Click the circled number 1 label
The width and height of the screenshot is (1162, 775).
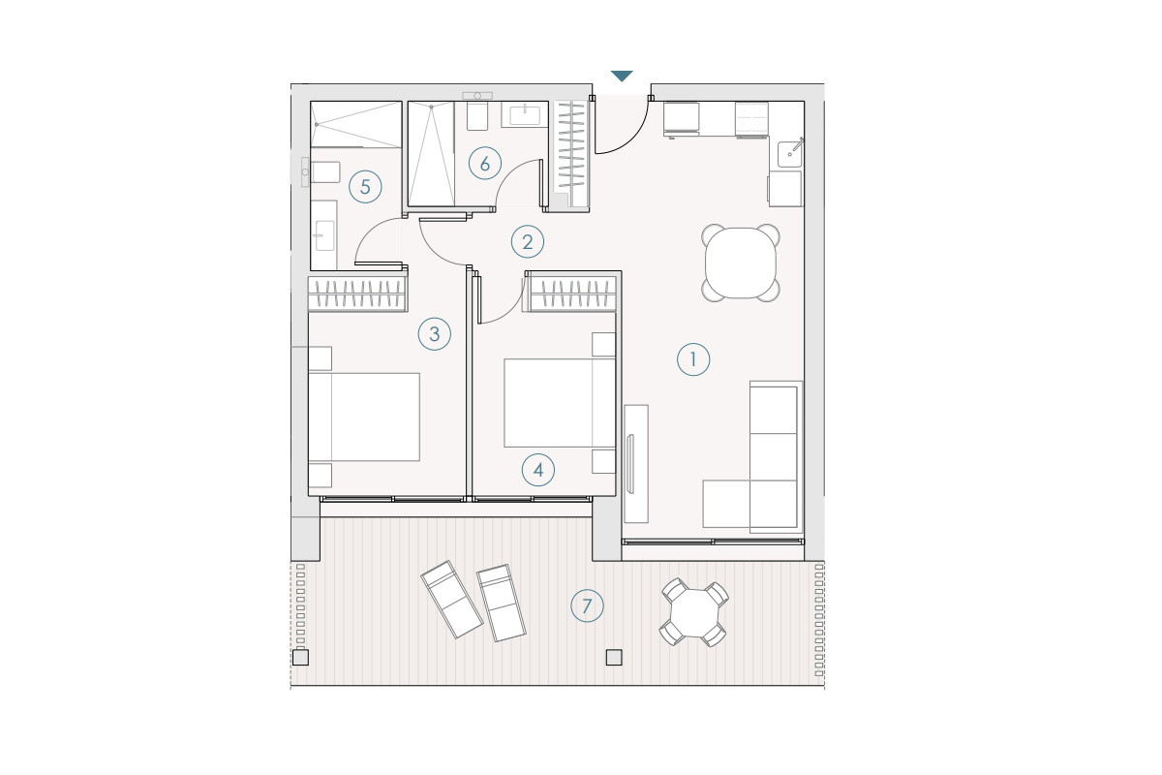(x=693, y=359)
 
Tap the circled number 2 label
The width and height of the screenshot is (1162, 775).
(x=528, y=242)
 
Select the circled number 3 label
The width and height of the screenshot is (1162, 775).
(x=435, y=334)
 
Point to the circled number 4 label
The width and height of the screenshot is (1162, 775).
(x=538, y=470)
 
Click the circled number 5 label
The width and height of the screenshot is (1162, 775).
(x=365, y=187)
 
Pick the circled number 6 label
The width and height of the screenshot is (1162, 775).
(x=485, y=164)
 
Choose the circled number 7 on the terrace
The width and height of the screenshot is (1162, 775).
(x=587, y=605)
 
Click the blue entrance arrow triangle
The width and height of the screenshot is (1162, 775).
(x=622, y=76)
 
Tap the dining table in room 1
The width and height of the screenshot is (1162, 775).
(x=741, y=263)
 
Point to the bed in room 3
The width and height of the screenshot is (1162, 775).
(x=364, y=417)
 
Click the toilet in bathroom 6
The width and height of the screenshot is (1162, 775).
(x=477, y=116)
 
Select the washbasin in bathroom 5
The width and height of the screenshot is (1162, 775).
(x=324, y=235)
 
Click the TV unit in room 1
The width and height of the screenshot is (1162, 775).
(x=636, y=463)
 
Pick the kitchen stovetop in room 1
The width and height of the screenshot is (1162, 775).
(x=751, y=118)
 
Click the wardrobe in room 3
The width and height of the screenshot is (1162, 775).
(x=358, y=294)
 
